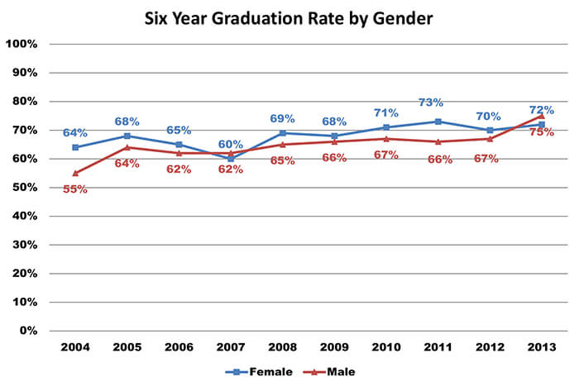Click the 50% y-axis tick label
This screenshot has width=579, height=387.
24,188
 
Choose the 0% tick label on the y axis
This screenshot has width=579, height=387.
27,331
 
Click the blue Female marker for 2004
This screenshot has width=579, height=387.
75,147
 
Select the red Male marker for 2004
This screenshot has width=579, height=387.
75,173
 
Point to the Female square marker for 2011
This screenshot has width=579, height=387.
438,122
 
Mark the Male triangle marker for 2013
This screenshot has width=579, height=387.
541,116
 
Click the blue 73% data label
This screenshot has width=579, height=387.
430,103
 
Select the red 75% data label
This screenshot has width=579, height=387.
541,132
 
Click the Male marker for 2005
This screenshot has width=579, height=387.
127,147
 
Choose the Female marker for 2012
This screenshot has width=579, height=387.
489,130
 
